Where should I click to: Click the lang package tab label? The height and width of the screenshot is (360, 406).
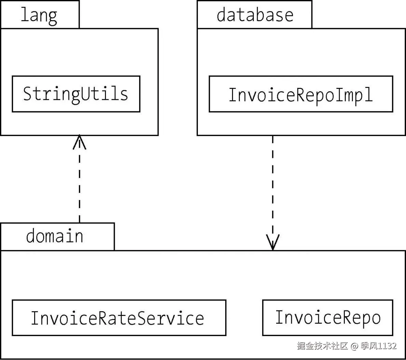click(x=39, y=15)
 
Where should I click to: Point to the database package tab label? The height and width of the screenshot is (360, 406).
click(x=255, y=15)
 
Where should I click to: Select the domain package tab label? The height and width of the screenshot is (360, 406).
click(x=55, y=236)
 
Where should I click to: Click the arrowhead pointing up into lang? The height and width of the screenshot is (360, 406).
click(x=80, y=142)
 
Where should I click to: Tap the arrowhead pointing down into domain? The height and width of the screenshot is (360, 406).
click(x=273, y=242)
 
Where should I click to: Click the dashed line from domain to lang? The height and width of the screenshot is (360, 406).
click(x=80, y=179)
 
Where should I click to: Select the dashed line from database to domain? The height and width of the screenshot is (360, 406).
click(x=273, y=193)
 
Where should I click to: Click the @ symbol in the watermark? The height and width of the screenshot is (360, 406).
click(x=354, y=346)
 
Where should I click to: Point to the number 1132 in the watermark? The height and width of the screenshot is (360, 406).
click(x=387, y=346)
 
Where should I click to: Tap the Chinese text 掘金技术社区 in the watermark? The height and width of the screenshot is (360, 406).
click(x=322, y=346)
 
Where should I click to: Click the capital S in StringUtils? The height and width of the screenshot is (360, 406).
click(x=27, y=93)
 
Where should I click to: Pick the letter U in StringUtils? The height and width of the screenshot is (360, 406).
click(x=85, y=93)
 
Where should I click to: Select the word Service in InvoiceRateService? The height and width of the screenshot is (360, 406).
click(x=171, y=318)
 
